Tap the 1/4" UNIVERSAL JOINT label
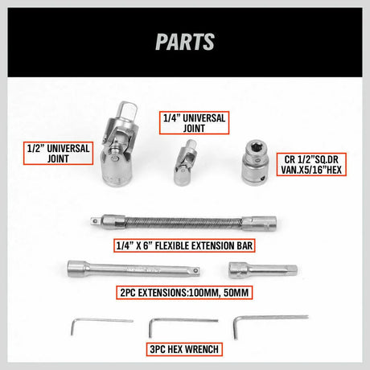(194, 122)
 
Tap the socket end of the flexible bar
(263, 224)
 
